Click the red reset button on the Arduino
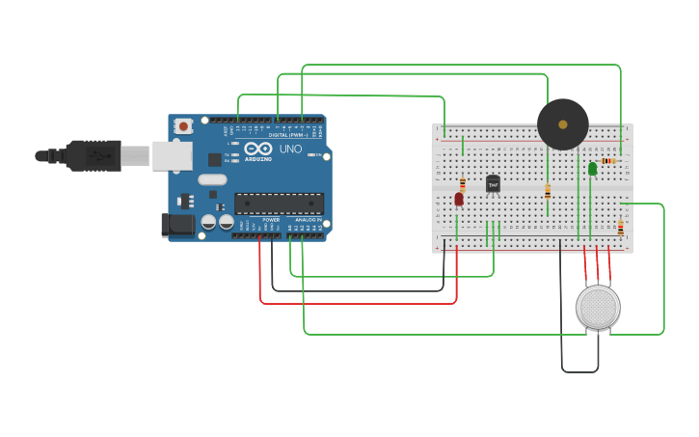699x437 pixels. pyautogui.click(x=183, y=125)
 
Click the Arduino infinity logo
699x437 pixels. pyautogui.click(x=258, y=150)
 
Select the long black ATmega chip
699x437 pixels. pyautogui.click(x=279, y=204)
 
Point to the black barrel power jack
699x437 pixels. pyautogui.click(x=175, y=225)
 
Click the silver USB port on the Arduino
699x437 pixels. pyautogui.click(x=172, y=155)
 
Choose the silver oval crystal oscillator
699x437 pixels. pyautogui.click(x=212, y=178)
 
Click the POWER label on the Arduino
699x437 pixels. pyautogui.click(x=271, y=219)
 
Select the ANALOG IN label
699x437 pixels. pyautogui.click(x=308, y=219)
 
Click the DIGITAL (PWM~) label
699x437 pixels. pyautogui.click(x=285, y=135)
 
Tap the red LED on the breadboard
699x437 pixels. pyautogui.click(x=459, y=199)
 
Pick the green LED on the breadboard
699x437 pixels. pyautogui.click(x=592, y=169)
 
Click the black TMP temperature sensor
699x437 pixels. pyautogui.click(x=493, y=183)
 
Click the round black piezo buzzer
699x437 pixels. pyautogui.click(x=563, y=123)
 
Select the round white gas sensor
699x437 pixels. pyautogui.click(x=598, y=307)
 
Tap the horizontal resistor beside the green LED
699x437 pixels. pyautogui.click(x=609, y=161)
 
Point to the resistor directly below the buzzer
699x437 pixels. pyautogui.click(x=548, y=191)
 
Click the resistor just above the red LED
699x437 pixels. pyautogui.click(x=463, y=183)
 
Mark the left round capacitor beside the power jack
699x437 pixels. pyautogui.click(x=208, y=222)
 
